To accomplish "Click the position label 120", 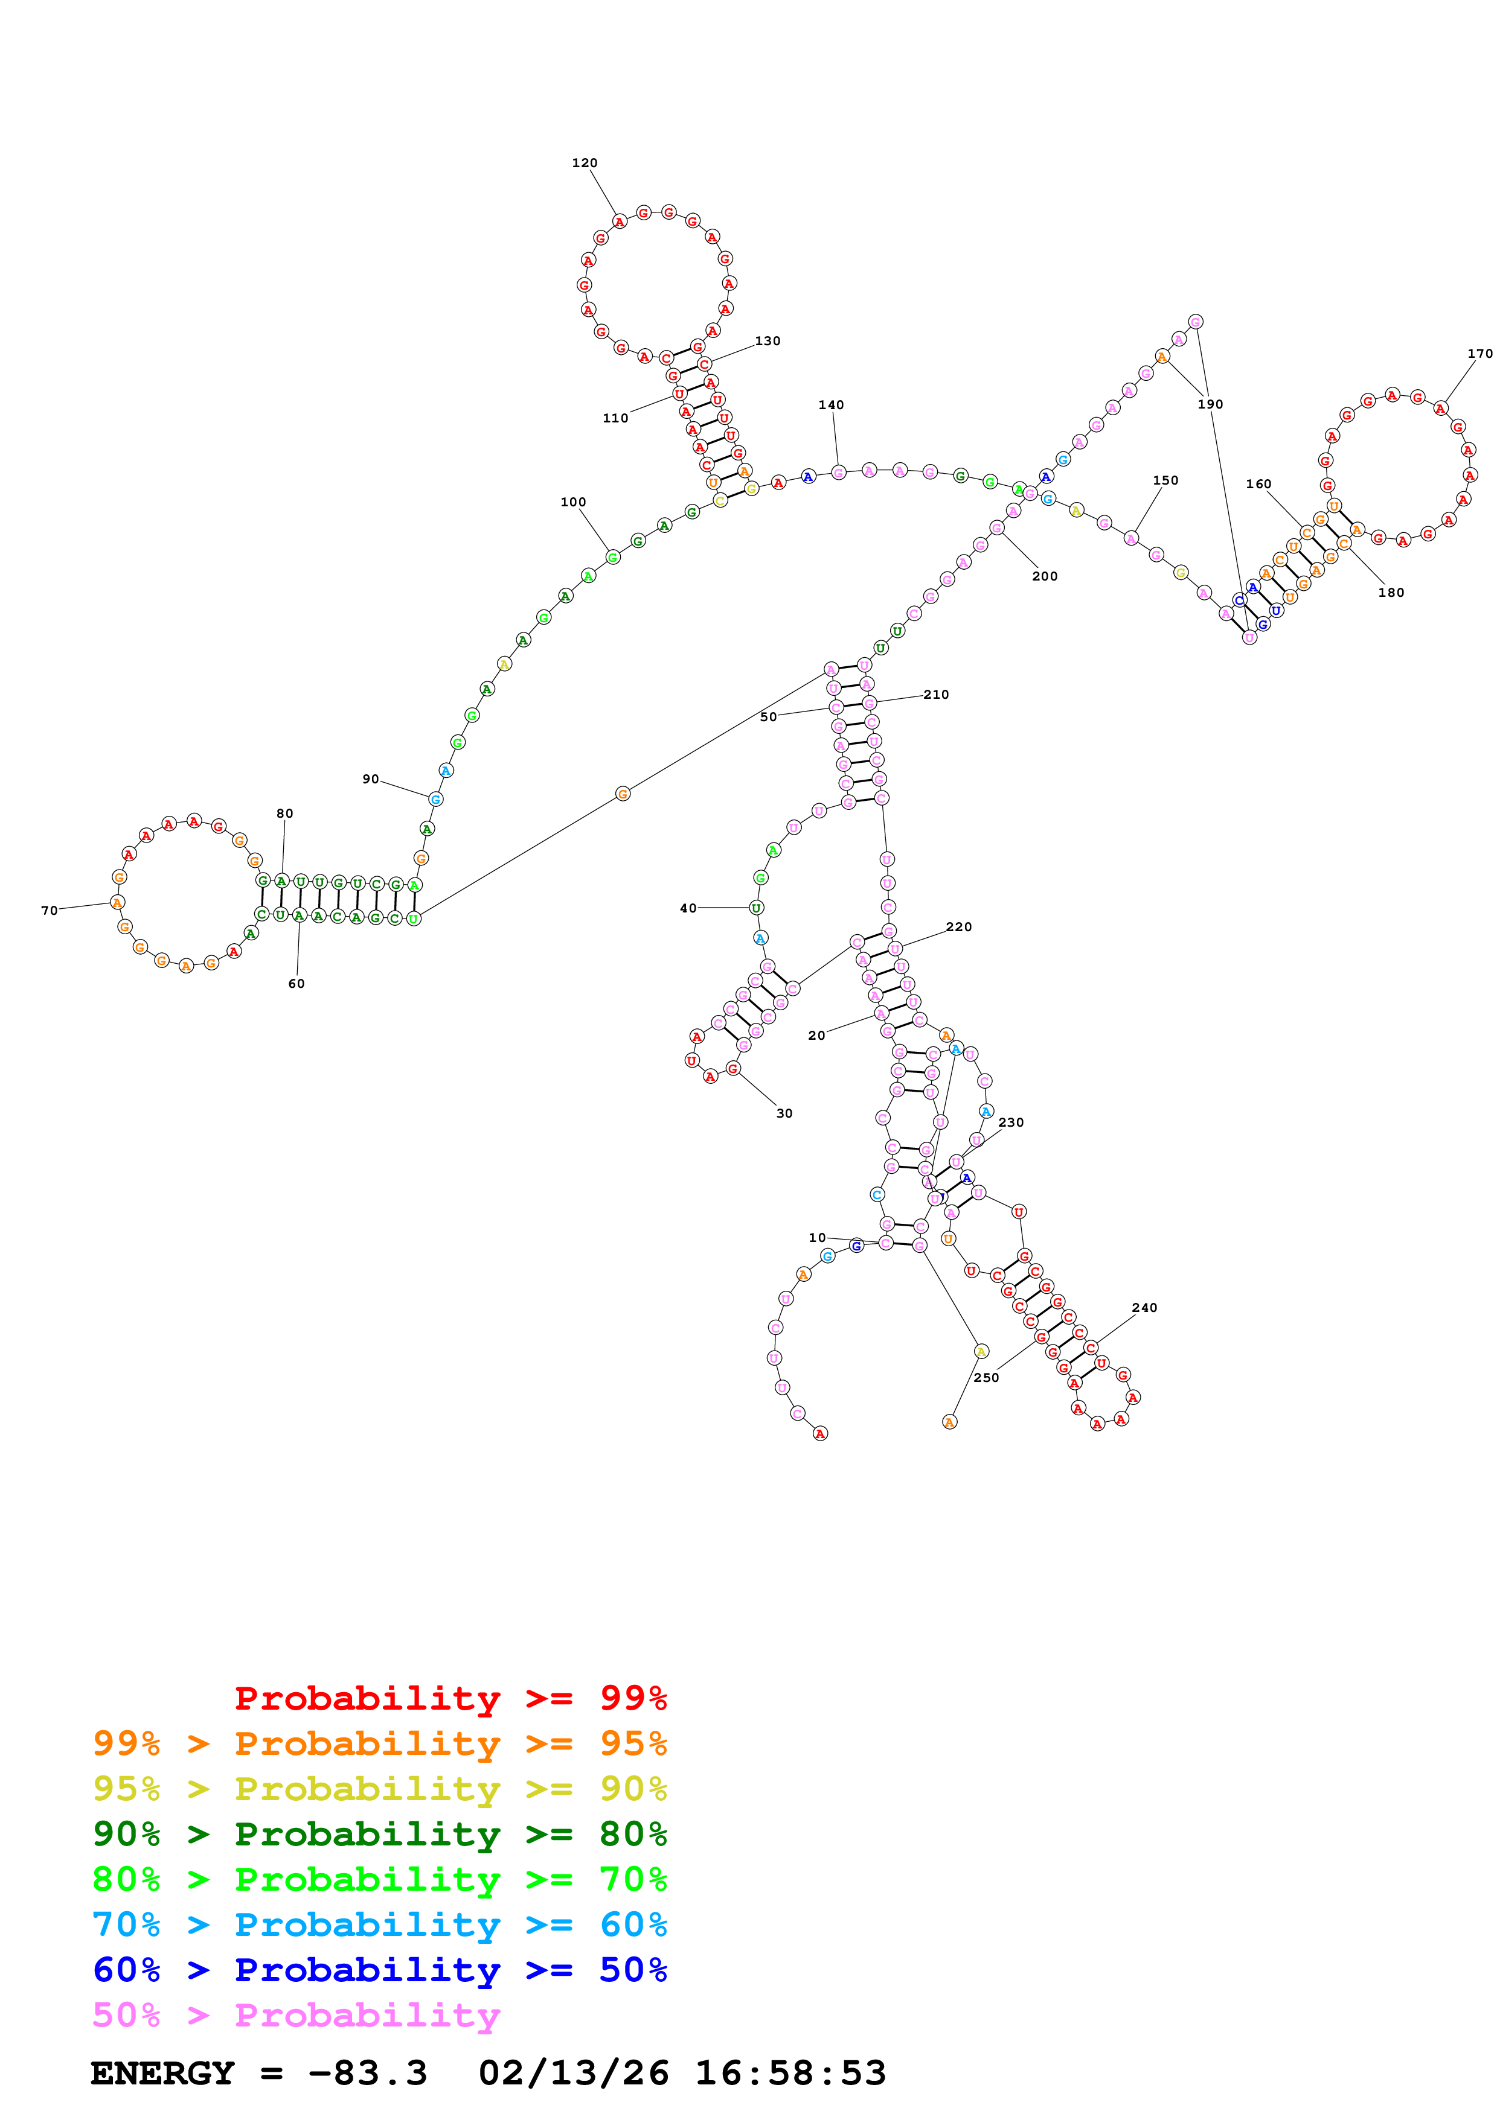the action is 584,163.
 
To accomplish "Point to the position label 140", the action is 830,405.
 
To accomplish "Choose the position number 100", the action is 573,503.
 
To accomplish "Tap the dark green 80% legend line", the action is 379,1834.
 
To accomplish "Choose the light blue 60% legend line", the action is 379,1924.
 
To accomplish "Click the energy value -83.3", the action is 367,2073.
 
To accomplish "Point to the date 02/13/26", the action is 573,2073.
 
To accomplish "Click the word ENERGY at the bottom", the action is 162,2073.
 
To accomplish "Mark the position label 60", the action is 296,984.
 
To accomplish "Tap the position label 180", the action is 1390,592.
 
